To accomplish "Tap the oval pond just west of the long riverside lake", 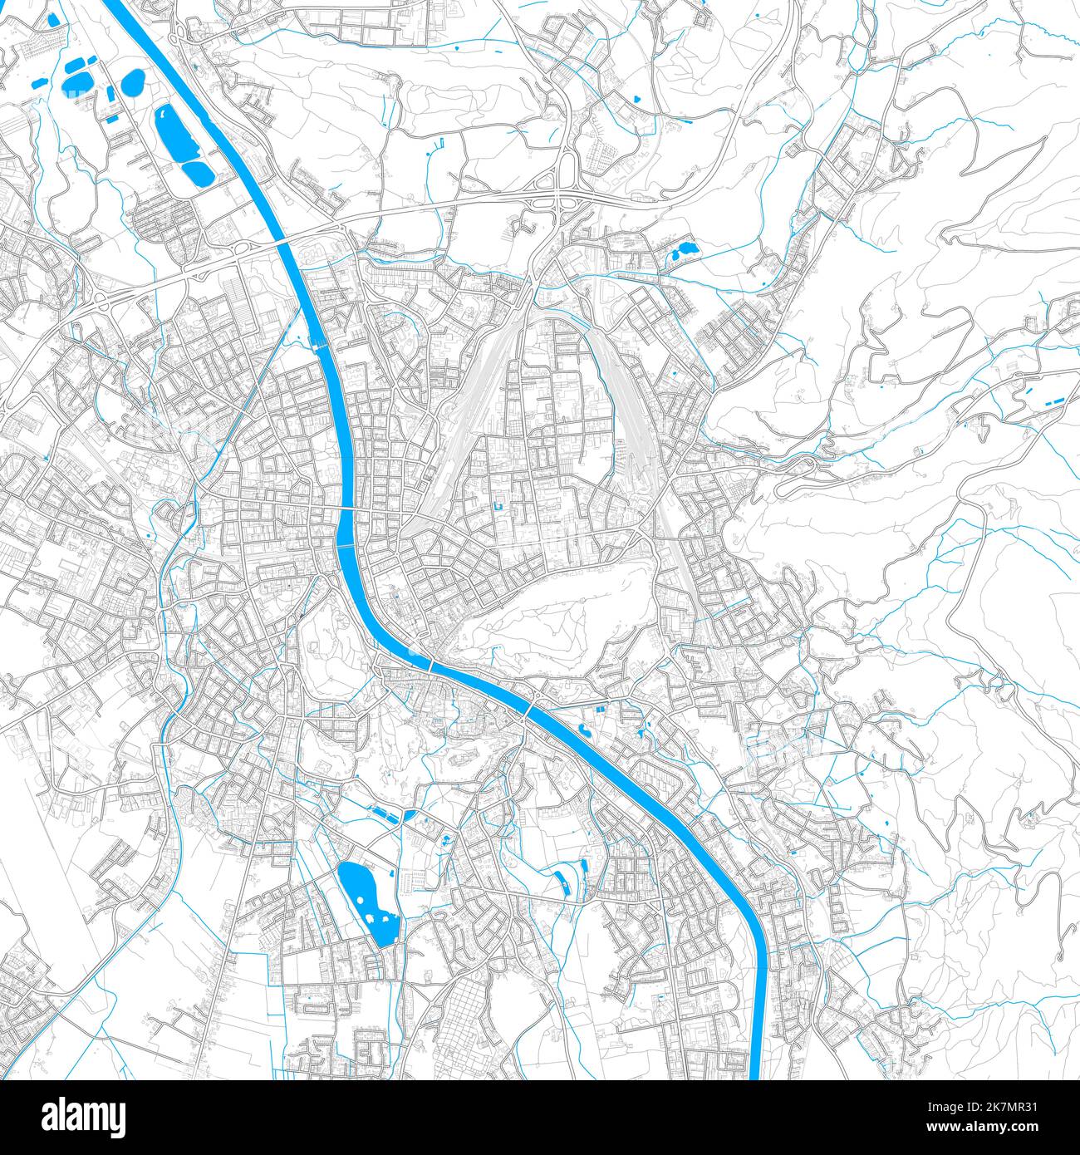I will pos(132,81).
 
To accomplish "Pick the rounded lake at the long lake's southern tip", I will pos(198,174).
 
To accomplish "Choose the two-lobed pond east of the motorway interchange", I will pos(685,249).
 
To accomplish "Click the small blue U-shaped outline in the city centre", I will pos(498,505).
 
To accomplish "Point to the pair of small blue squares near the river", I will pos(599,708).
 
